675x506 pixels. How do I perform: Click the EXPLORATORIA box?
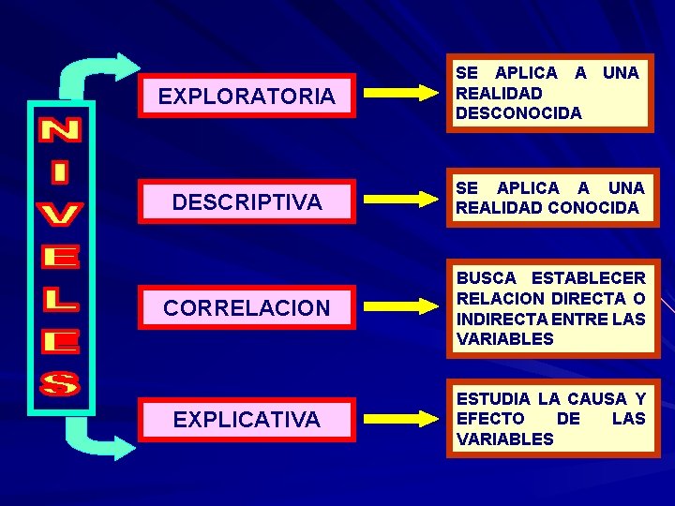pos(247,96)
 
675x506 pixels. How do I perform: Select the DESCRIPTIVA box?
pos(247,201)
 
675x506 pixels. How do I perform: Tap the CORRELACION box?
pos(247,307)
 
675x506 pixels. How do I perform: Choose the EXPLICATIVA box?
pos(247,420)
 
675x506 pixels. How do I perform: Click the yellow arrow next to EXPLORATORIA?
pos(397,93)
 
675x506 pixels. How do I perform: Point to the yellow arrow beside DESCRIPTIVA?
pos(397,199)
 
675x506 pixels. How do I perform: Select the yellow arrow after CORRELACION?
pos(397,305)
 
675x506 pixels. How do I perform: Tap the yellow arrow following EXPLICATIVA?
pos(397,418)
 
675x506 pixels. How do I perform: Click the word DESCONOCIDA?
pos(518,113)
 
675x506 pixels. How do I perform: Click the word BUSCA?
pos(487,278)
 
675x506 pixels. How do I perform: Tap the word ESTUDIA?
pos(494,399)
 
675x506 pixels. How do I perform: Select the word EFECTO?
pos(490,419)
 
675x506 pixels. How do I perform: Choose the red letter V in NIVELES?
pos(62,215)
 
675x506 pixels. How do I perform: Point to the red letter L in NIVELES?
pos(62,299)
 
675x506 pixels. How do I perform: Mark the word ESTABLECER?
pos(589,278)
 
